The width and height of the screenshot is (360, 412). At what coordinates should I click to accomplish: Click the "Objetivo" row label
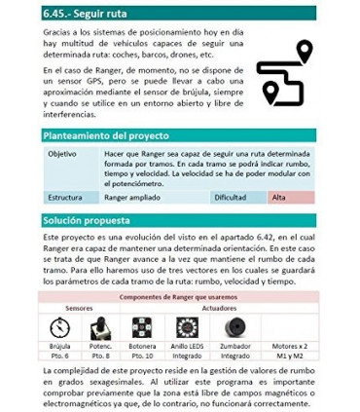pyautogui.click(x=62, y=154)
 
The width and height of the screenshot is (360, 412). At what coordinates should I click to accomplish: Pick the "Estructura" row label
pyautogui.click(x=65, y=197)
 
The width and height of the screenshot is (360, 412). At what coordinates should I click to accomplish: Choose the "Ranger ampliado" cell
pyautogui.click(x=131, y=197)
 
